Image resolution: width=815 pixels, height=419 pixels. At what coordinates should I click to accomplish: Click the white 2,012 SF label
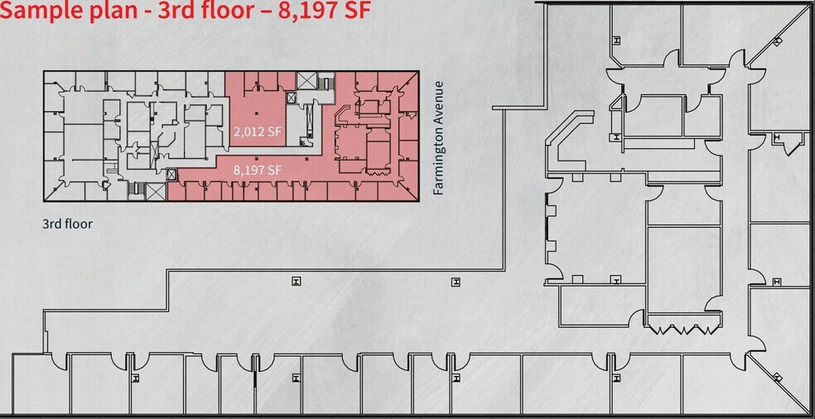[256, 131]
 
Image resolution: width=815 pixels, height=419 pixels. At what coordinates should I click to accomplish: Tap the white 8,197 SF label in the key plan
[258, 170]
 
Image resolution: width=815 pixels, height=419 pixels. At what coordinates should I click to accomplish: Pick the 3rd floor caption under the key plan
[67, 224]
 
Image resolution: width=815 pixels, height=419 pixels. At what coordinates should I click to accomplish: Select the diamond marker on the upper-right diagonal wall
[778, 40]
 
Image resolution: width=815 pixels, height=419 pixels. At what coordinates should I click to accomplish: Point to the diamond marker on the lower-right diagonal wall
[777, 377]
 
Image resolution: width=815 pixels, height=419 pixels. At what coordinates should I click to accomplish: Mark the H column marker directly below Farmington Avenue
[456, 282]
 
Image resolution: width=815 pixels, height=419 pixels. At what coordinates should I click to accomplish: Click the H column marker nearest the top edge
[615, 40]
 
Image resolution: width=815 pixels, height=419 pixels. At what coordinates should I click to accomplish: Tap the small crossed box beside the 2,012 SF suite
[291, 98]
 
